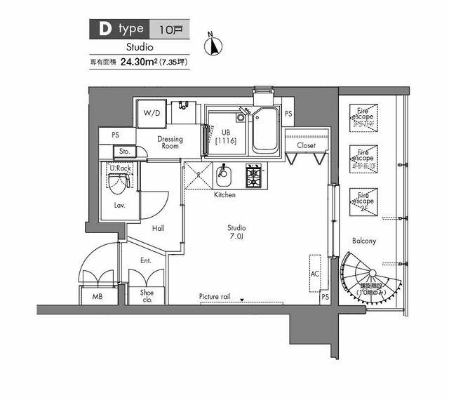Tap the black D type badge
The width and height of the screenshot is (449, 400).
point(116,29)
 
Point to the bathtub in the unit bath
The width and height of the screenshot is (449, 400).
point(264,131)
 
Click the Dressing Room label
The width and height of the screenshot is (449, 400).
point(169,142)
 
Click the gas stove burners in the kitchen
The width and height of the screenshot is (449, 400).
point(253,174)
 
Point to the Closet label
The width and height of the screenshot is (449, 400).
point(306,146)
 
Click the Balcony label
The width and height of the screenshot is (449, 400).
point(364,241)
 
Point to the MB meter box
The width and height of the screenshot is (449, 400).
point(98,297)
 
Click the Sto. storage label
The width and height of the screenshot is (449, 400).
point(125,151)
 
